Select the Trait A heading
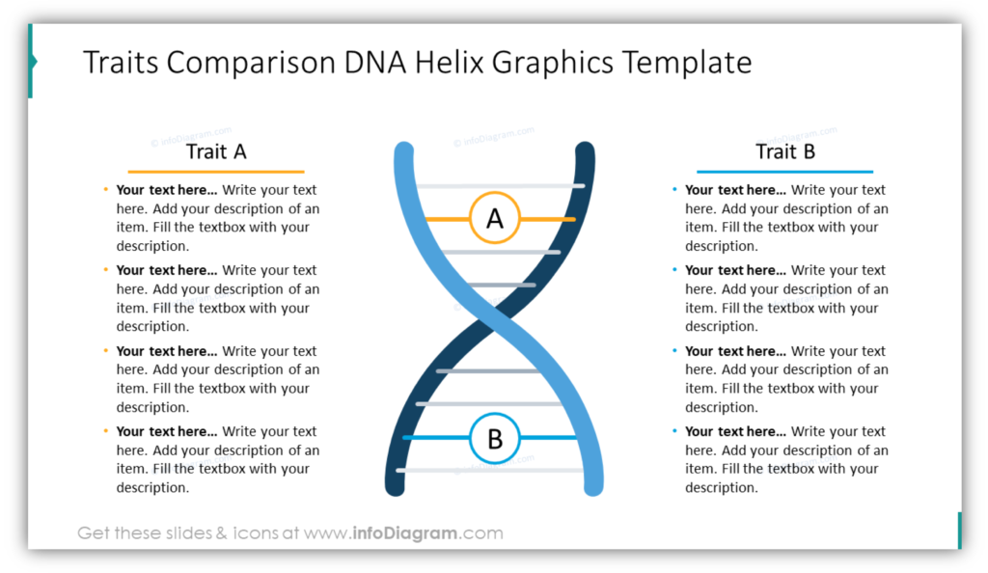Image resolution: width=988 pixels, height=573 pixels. pos(216,151)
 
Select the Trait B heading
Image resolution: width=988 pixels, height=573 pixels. pos(785,151)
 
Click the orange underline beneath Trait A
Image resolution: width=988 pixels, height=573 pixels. pos(216,172)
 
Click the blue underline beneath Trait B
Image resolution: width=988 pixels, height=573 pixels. pos(785,172)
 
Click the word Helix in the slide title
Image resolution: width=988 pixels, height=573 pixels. pos(450,63)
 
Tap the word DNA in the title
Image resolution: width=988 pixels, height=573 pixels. pos(374,63)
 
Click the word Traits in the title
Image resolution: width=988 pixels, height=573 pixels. pos(121,63)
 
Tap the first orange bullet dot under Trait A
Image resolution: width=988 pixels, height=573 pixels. pos(105,189)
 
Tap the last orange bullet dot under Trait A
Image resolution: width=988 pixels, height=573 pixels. pos(105,430)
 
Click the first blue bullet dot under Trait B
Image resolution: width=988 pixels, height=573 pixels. pos(674,189)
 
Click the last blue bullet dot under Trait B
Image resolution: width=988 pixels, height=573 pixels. pos(674,430)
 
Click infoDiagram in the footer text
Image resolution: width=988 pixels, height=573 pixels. pos(405,533)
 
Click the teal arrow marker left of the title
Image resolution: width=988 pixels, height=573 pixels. pos(33,61)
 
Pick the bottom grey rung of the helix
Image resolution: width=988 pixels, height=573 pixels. pos(491,470)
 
